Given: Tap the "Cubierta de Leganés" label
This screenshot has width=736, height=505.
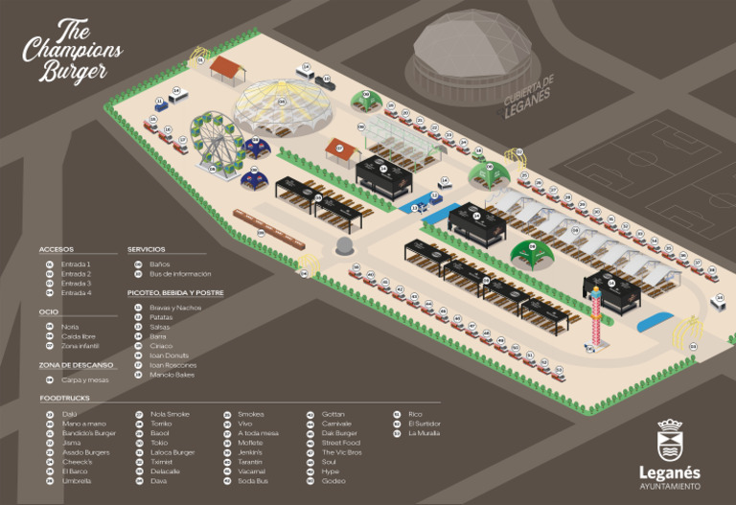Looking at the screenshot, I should pos(530,98).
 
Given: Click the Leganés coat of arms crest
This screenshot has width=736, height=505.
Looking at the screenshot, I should pos(669,443).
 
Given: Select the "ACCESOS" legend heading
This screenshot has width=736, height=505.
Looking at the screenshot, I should pos(57,249).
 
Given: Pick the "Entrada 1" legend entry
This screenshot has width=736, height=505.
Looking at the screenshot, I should pos(76,264).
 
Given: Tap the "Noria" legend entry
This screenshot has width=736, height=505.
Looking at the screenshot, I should pos(70,327).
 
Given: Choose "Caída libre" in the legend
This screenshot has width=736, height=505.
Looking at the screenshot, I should pos(77,336).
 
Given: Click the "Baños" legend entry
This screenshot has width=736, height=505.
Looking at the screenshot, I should pos(159,264).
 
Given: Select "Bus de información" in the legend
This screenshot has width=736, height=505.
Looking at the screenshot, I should pos(180,273).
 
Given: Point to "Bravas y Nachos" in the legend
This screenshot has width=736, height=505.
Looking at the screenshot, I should pos(175,308).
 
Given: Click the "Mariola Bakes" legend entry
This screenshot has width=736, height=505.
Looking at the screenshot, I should pos(172,375).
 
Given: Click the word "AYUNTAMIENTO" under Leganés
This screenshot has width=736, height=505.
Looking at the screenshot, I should pos(669,486).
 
